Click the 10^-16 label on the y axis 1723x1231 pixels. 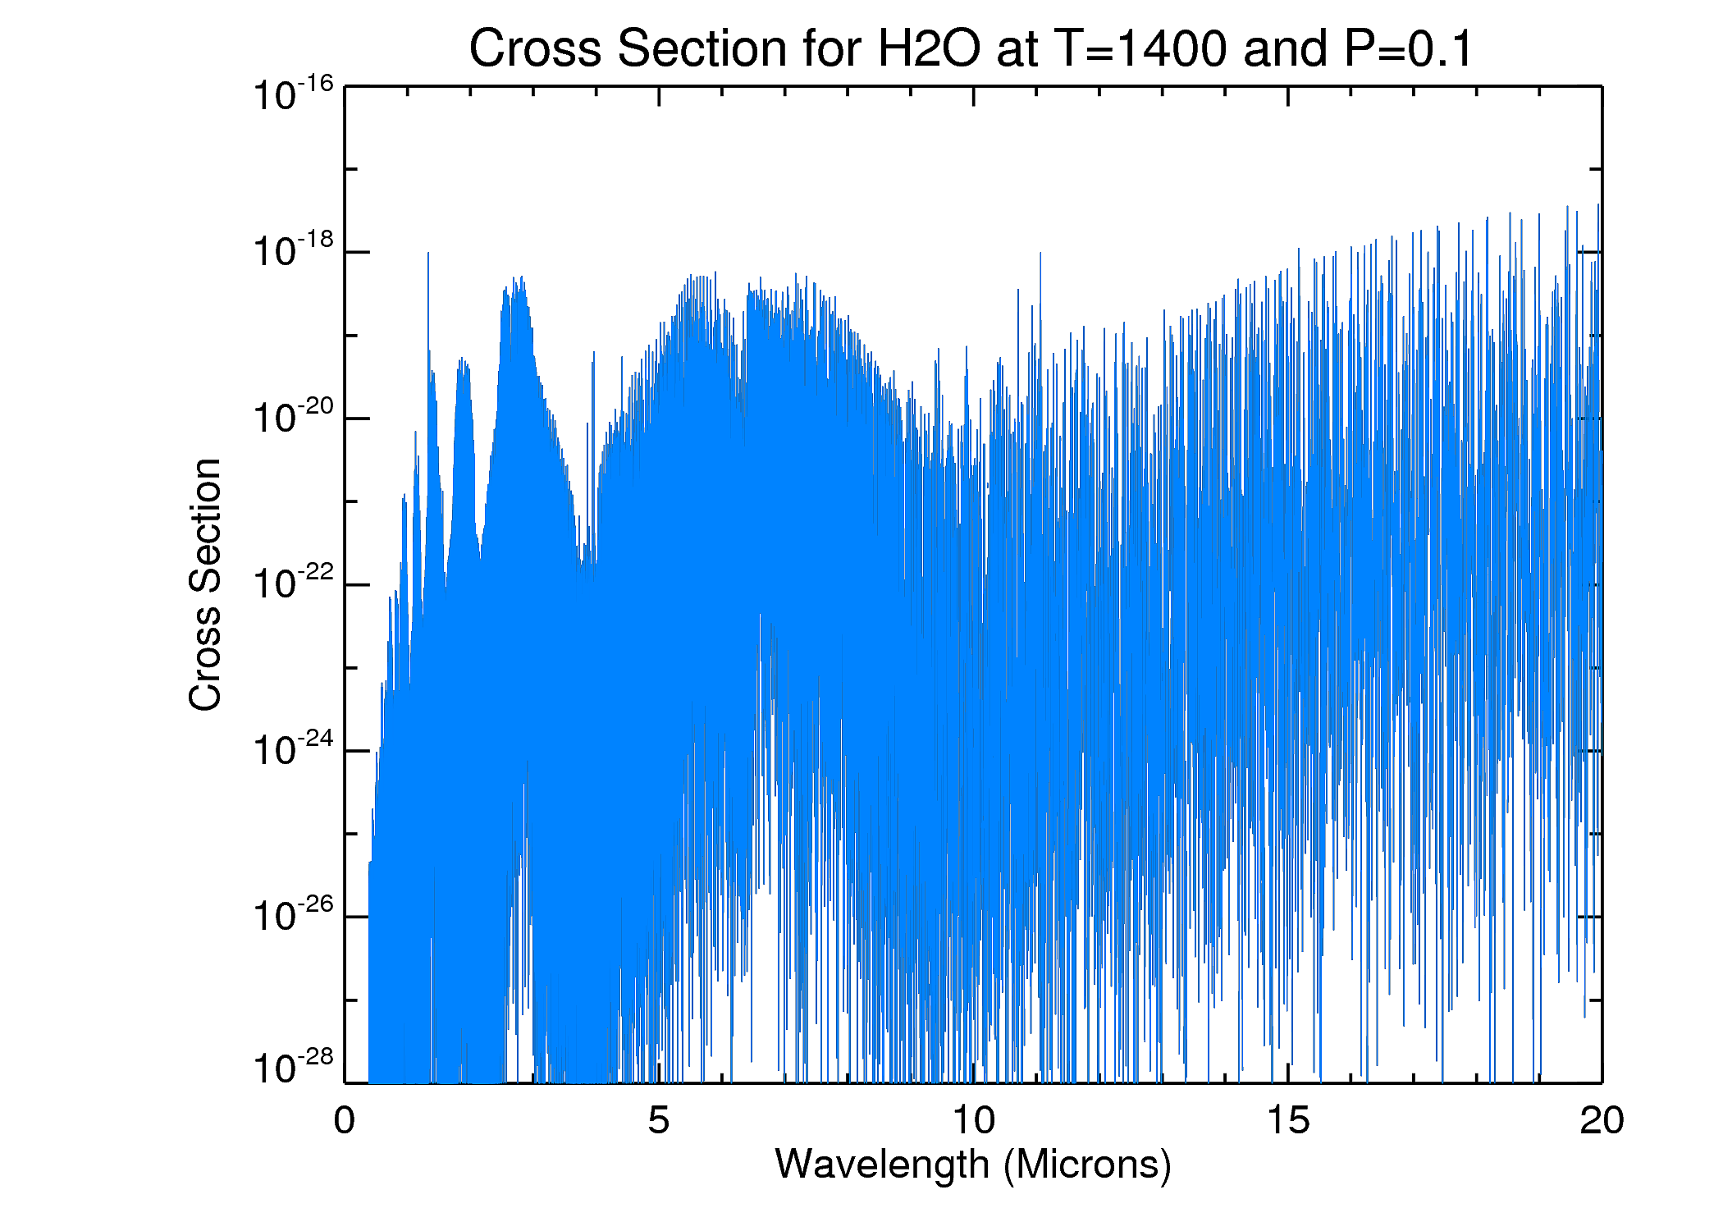coord(292,94)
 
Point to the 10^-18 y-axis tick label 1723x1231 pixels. coord(292,250)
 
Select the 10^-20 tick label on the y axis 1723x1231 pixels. coord(292,416)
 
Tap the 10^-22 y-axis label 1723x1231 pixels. coord(292,583)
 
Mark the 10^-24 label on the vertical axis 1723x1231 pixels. coord(292,749)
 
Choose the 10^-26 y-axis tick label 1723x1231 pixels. coord(292,915)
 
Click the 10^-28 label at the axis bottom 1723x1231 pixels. coord(292,1067)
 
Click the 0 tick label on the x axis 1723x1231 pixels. coord(345,1121)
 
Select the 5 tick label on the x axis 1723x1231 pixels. coord(658,1121)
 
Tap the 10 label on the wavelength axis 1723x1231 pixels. coord(973,1121)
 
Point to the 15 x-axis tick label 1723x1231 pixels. coord(1288,1121)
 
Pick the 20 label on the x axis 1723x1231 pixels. coord(1602,1121)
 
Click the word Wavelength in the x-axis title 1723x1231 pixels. coord(882,1165)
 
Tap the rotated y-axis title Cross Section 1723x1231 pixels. coord(205,584)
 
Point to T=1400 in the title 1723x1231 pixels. coord(1140,49)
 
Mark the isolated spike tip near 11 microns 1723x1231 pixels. coord(1040,253)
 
